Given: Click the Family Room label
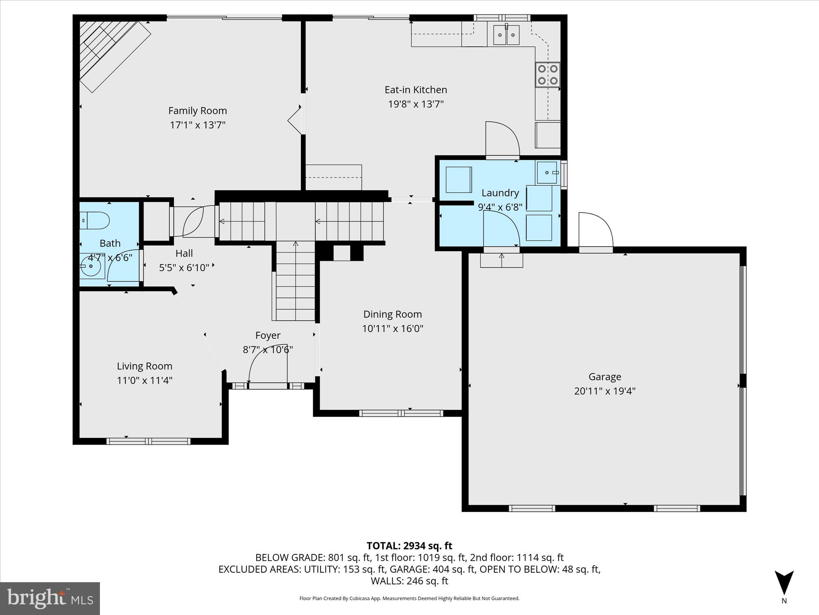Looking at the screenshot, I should pos(197,111).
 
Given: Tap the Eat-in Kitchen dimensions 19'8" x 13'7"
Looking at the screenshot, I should pos(416,104).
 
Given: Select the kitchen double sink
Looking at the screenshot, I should pos(506,34).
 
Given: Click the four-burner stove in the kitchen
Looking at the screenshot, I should pos(548,75).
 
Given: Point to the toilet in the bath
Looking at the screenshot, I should pos(95,221).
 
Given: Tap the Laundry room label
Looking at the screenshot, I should pos(500,193).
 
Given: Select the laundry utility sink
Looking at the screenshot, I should pos(548,172).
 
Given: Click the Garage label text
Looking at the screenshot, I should pos(604,376).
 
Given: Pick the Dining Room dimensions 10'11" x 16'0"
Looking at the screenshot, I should pos(392,328).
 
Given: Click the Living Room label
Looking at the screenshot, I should pos(145,366).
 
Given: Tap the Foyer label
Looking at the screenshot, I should pos(268,335).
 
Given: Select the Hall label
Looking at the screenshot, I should pos(184,253).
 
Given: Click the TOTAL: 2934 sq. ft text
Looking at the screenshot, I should pos(409,546).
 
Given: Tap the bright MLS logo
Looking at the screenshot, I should pos(50,598).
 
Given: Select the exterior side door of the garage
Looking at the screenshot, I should pos(596,232).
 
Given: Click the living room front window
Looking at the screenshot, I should pos(148,441).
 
